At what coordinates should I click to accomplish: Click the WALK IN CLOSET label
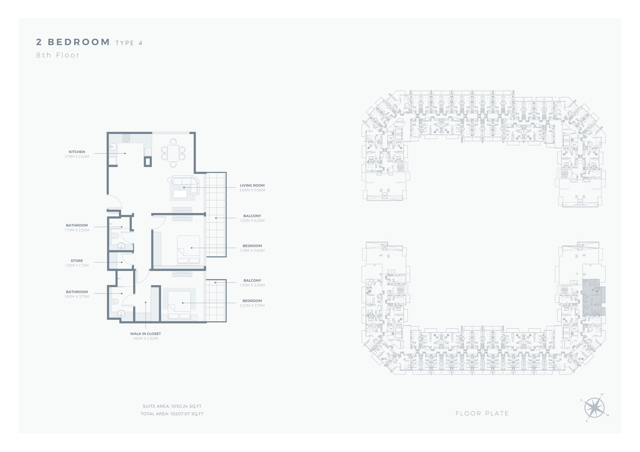pos(145,334)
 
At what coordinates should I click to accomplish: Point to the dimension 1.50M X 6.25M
pos(252,220)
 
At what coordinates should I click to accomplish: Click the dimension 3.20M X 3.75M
pos(252,306)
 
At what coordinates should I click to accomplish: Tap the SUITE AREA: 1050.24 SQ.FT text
pos(172,406)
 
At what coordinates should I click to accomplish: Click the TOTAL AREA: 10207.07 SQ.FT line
pos(172,414)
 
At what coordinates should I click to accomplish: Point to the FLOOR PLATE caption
pos(482,414)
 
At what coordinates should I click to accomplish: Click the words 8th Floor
pos(58,55)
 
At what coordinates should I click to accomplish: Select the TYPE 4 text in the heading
pos(129,43)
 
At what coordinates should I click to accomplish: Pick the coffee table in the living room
pos(180,194)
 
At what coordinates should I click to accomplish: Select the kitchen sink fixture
pos(113,146)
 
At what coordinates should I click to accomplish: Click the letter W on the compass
pos(602,394)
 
